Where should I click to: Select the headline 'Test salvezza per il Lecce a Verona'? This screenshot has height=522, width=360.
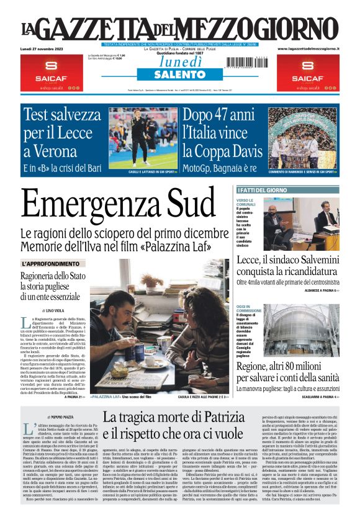click(x=70, y=132)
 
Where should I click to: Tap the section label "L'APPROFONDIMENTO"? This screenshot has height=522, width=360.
click(x=51, y=264)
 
